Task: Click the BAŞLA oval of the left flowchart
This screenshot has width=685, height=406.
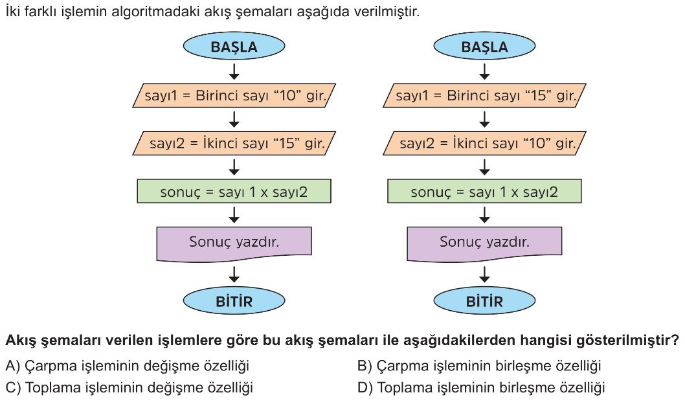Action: tap(234, 46)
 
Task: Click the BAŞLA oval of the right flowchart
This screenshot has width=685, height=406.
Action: tap(484, 46)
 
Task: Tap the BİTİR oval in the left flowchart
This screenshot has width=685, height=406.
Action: tap(234, 300)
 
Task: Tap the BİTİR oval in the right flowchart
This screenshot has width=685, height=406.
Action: tap(484, 300)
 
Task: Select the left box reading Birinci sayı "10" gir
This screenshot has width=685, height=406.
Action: tap(234, 95)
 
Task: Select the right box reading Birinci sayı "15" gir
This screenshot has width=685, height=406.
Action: tap(484, 95)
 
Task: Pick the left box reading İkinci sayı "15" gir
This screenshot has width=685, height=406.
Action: tap(234, 143)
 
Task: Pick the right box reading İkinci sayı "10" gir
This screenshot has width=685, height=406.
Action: tap(484, 143)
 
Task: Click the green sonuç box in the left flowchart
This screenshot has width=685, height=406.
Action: tap(234, 192)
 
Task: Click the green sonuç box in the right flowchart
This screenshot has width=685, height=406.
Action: tap(484, 192)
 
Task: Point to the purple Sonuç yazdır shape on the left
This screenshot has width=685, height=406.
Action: tap(234, 243)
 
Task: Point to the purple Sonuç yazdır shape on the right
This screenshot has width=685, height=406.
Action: tap(484, 243)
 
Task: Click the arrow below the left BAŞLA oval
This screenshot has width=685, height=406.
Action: tap(234, 72)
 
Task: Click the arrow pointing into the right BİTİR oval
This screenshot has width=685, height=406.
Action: tap(484, 275)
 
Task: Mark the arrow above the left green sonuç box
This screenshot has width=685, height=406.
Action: tap(234, 167)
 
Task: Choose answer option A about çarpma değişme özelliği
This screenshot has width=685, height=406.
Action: tap(127, 366)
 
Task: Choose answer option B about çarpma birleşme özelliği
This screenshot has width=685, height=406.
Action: tap(479, 366)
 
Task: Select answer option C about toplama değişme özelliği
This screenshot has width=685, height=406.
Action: tap(129, 388)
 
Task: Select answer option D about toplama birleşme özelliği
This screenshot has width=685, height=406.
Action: tap(481, 388)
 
